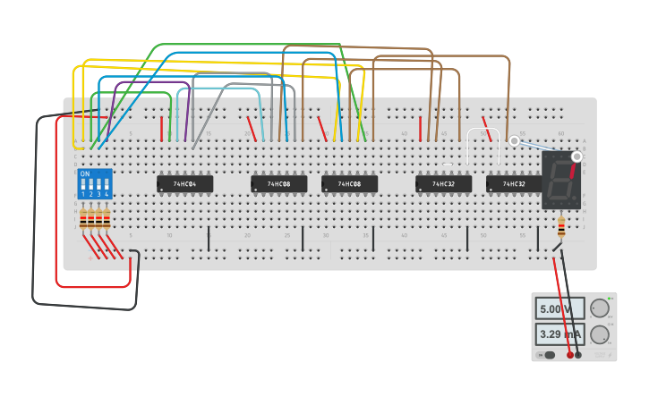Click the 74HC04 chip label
[x=184, y=183]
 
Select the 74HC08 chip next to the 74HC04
[x=278, y=183]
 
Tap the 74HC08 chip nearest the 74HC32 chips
[x=349, y=183]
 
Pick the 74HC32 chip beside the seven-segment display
[x=514, y=183]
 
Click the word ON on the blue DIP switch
[x=85, y=174]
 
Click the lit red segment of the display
[x=572, y=170]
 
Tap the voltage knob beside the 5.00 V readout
[x=599, y=308]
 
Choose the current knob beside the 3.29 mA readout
[x=599, y=335]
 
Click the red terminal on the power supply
[x=570, y=355]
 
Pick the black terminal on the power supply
[x=578, y=355]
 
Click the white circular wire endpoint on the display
[x=576, y=156]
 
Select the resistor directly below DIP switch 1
[x=84, y=218]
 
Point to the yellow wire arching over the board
[x=215, y=62]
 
